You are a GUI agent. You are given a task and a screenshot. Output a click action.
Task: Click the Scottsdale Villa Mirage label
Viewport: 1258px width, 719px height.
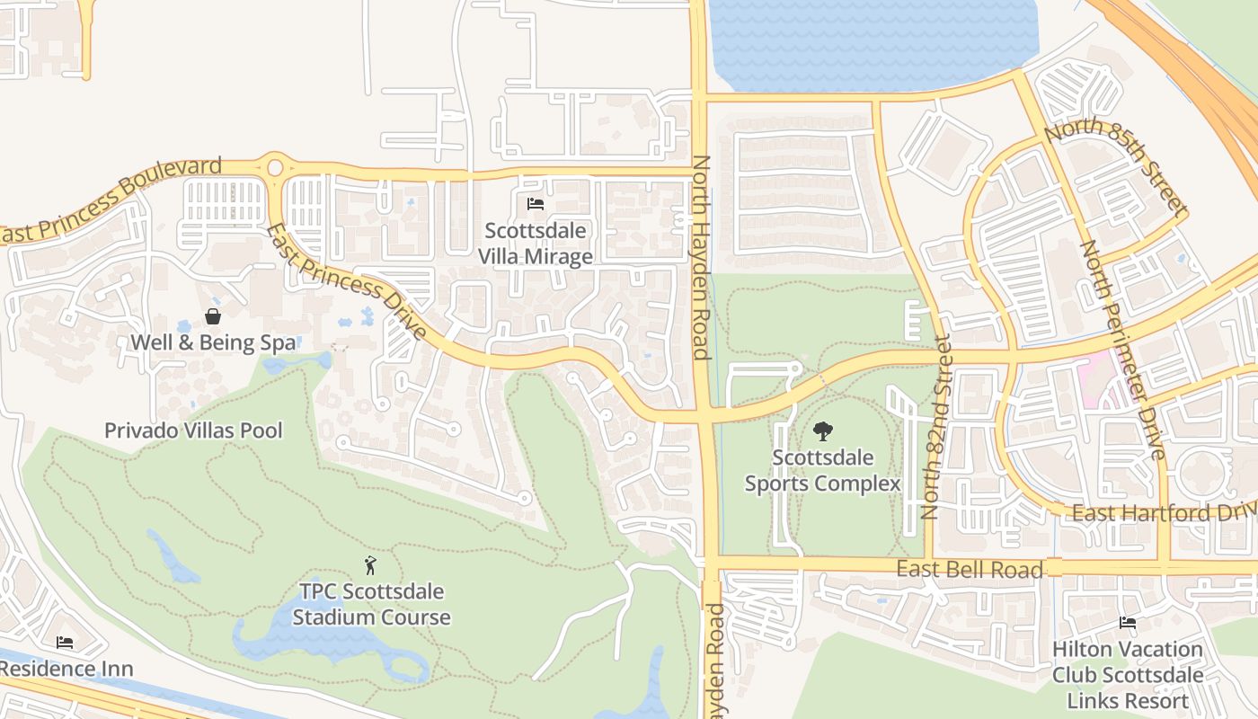tap(535, 244)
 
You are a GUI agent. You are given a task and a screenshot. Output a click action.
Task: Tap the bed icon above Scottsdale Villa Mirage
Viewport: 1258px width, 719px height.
tap(536, 204)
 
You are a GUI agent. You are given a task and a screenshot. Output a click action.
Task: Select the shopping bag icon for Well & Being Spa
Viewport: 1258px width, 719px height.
tap(213, 315)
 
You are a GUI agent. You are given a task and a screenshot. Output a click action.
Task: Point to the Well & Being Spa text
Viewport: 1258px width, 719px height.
tap(213, 342)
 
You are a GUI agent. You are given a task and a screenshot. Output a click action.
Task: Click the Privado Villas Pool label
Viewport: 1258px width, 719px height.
tap(193, 431)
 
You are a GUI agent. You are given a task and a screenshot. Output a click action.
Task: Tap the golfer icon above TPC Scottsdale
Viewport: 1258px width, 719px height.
tap(370, 565)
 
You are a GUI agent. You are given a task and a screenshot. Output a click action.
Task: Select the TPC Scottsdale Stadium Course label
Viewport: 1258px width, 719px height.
tap(371, 605)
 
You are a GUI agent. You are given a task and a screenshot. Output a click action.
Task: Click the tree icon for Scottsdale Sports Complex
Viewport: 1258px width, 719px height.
tap(822, 431)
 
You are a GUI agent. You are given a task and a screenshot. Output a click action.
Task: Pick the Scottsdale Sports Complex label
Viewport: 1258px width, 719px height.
tap(822, 471)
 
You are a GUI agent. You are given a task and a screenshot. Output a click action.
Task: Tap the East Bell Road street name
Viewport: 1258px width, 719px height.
tap(970, 569)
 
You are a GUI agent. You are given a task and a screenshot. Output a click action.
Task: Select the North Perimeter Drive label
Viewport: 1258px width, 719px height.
tap(1122, 350)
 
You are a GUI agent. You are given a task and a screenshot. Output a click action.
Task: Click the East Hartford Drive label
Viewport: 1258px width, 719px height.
tap(1164, 513)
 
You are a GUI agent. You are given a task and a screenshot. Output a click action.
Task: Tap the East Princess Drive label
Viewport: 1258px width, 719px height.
tap(347, 281)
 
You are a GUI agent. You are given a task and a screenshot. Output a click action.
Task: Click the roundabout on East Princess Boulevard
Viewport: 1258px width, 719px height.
tap(275, 167)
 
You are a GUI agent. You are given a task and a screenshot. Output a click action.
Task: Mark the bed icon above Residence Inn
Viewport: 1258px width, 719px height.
tap(65, 642)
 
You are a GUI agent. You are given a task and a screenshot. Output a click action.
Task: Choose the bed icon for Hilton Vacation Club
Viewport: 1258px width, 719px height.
tap(1127, 623)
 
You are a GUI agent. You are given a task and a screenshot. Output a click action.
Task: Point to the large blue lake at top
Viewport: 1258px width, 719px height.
tap(872, 40)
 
